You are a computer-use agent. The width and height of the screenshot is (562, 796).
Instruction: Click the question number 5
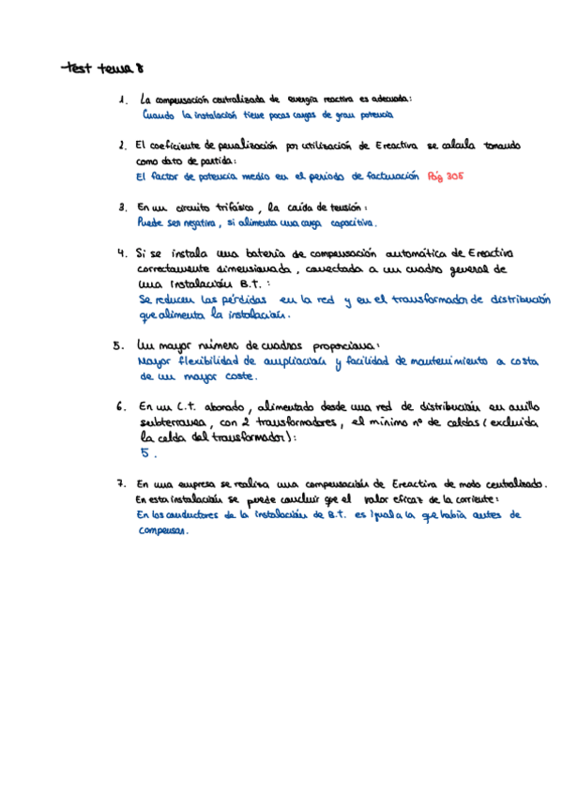click(116, 344)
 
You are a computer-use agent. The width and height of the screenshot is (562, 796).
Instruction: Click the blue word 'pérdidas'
click(243, 299)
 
